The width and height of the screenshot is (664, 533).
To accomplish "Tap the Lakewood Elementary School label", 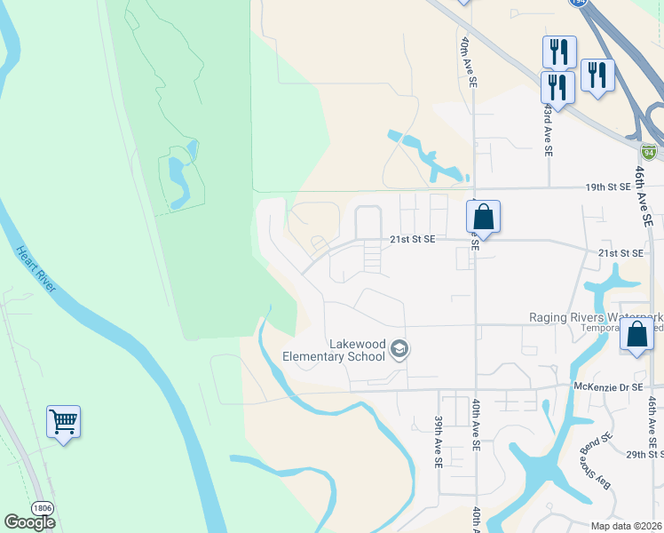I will coord(333,350).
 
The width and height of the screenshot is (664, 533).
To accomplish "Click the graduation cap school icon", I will coord(399,350).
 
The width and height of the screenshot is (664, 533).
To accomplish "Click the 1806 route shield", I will coord(41,506).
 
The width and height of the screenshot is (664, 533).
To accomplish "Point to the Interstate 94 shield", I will coord(650,152).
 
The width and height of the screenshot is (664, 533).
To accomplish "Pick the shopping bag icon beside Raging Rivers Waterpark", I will coord(636,336).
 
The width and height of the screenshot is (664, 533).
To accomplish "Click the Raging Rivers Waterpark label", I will coord(596,317).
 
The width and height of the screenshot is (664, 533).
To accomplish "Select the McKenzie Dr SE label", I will coord(608,386).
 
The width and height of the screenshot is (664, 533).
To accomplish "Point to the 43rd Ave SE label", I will coord(549,130).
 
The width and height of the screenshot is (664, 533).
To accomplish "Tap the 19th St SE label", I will coord(608,187).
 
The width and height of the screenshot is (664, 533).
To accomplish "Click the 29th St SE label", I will coord(644,454).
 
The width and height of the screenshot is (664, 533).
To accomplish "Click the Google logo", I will coord(29,521).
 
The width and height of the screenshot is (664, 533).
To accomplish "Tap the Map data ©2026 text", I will coord(627,525).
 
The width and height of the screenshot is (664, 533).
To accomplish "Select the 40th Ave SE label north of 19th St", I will coord(469,62).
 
